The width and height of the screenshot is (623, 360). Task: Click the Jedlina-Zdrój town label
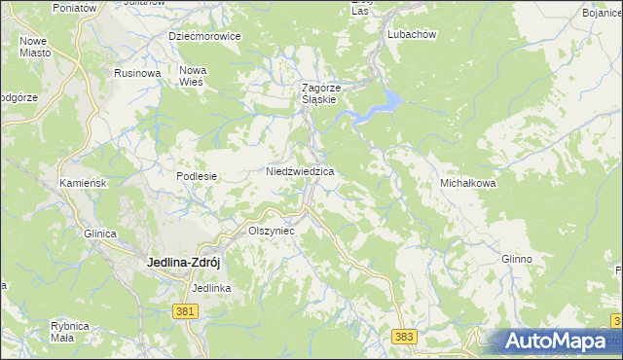(188, 261)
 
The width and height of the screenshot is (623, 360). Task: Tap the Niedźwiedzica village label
(301, 171)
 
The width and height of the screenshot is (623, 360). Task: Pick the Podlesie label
(196, 176)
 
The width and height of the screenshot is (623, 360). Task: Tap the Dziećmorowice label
(204, 36)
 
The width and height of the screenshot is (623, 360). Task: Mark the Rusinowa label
(137, 73)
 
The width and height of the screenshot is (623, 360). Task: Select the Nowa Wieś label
(193, 76)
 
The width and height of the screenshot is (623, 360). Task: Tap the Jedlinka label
(211, 288)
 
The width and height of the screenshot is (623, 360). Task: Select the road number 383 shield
(406, 336)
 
